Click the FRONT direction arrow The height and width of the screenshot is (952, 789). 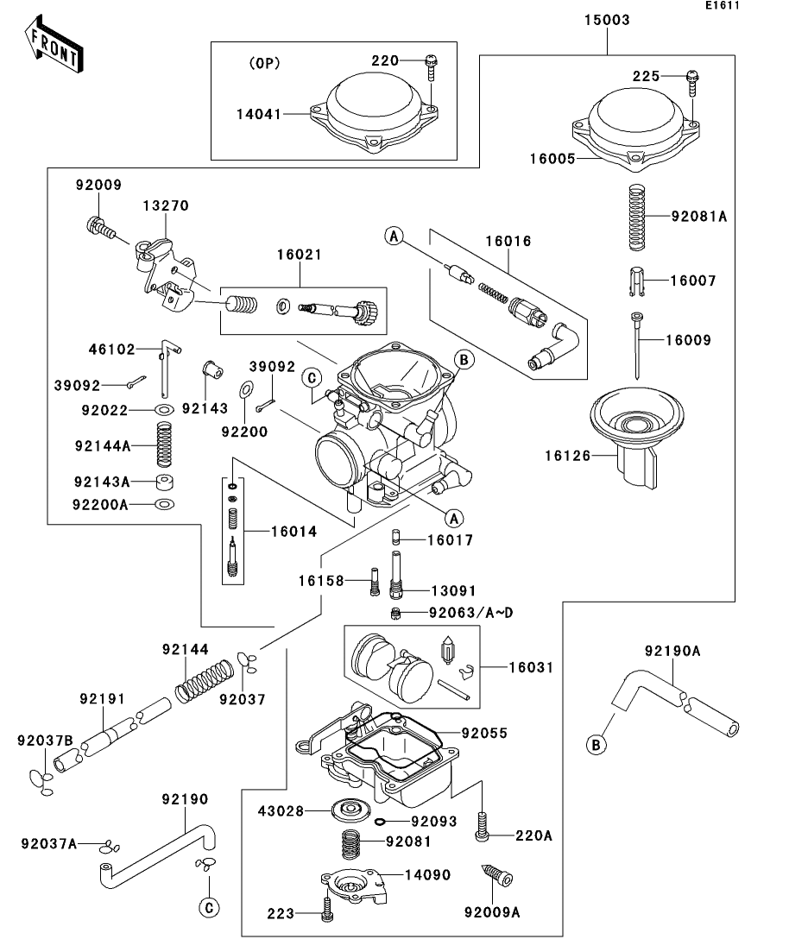pyautogui.click(x=54, y=44)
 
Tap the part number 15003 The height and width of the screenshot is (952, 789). pyautogui.click(x=607, y=20)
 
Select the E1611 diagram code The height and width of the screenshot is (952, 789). pyautogui.click(x=723, y=5)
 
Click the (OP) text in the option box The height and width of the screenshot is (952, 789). pyautogui.click(x=265, y=63)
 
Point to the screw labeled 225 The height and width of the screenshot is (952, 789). pyautogui.click(x=692, y=83)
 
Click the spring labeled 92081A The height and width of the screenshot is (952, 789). pyautogui.click(x=636, y=217)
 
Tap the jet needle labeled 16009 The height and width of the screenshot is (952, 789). pyautogui.click(x=636, y=345)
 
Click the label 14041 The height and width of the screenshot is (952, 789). pyautogui.click(x=259, y=114)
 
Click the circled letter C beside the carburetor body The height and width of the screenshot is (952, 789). pyautogui.click(x=312, y=378)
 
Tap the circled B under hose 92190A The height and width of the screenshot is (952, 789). pyautogui.click(x=596, y=744)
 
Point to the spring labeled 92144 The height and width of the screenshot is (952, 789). pyautogui.click(x=205, y=681)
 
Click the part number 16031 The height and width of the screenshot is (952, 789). pyautogui.click(x=532, y=668)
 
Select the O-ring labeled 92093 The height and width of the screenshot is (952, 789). pyautogui.click(x=380, y=822)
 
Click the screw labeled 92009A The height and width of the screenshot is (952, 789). pyautogui.click(x=497, y=875)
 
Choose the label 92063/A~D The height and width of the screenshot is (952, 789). pyautogui.click(x=471, y=613)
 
